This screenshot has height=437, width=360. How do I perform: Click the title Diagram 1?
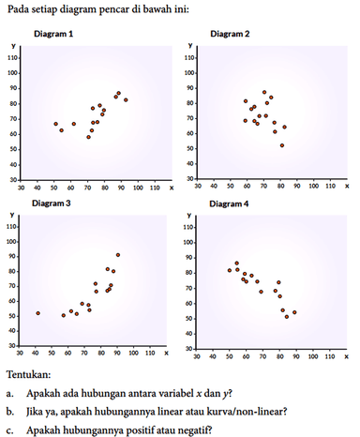[x=55, y=34]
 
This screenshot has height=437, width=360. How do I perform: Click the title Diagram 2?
[x=230, y=34]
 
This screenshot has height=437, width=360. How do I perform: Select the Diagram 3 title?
[x=55, y=203]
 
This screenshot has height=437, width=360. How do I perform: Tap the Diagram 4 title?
[x=229, y=203]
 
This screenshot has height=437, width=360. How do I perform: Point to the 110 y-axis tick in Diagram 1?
[x=14, y=58]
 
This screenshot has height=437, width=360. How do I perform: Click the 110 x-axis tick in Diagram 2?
[x=329, y=187]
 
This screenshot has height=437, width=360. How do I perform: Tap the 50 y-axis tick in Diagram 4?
[x=192, y=316]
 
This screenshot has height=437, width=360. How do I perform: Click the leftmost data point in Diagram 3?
[x=38, y=313]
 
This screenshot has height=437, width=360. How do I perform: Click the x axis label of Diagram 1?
[x=172, y=187]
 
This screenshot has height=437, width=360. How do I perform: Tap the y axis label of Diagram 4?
[x=190, y=215]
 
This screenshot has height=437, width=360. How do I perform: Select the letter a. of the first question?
[x=8, y=392]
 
